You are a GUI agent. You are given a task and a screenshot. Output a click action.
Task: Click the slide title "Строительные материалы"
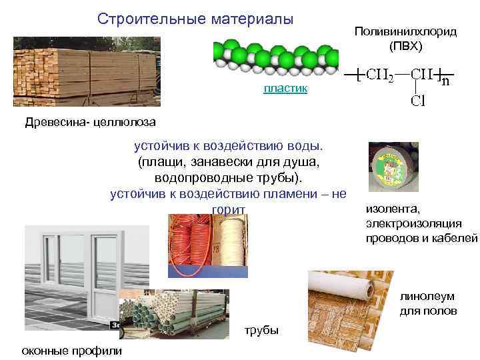(x=195, y=19)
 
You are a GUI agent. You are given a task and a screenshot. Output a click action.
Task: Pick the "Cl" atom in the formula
(x=418, y=101)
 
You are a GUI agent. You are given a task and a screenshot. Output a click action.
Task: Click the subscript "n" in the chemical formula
(x=445, y=83)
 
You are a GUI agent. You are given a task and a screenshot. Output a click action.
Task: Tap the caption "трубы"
(x=261, y=331)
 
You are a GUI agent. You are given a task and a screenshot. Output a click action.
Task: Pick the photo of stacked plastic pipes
(x=177, y=318)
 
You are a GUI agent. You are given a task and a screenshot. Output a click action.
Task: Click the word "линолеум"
(x=428, y=297)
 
